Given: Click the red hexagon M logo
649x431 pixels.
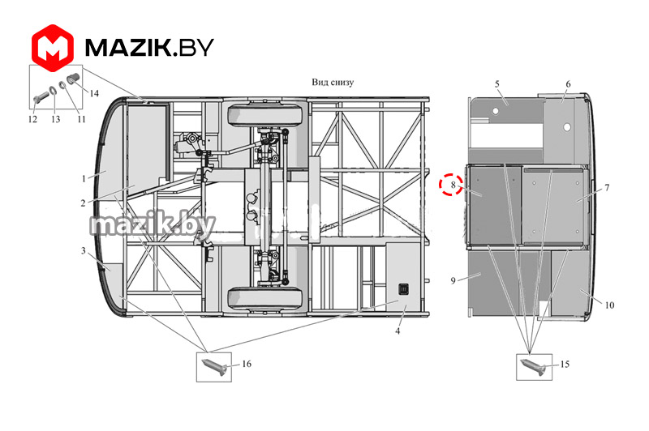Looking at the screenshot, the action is [53, 48].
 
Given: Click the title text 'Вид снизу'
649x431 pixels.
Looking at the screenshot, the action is [333, 82].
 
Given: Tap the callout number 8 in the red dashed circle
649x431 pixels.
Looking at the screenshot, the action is [453, 185].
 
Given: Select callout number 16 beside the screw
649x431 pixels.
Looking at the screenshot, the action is [247, 364].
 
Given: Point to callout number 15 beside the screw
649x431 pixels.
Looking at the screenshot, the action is [565, 364].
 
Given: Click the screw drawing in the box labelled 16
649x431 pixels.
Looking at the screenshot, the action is [214, 367].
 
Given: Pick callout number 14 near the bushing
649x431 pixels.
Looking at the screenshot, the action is [94, 93].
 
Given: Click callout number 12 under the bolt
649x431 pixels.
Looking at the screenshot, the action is [32, 119].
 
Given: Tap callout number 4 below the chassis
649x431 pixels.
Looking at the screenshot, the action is [398, 331].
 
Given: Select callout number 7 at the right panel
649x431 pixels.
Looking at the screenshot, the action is [607, 188].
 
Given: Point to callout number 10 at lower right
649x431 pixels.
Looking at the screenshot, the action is [609, 305].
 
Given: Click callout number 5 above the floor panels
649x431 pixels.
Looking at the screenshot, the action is [497, 84].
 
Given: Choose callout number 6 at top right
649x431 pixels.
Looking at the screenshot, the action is [569, 84].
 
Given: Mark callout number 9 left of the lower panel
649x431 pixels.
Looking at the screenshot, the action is [453, 281].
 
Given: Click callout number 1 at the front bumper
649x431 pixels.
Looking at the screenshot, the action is [84, 178].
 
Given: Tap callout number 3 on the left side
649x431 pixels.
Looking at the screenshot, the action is [84, 250].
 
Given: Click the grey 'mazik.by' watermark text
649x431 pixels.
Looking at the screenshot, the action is [153, 224].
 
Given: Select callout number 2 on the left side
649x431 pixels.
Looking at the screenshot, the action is [84, 203].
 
